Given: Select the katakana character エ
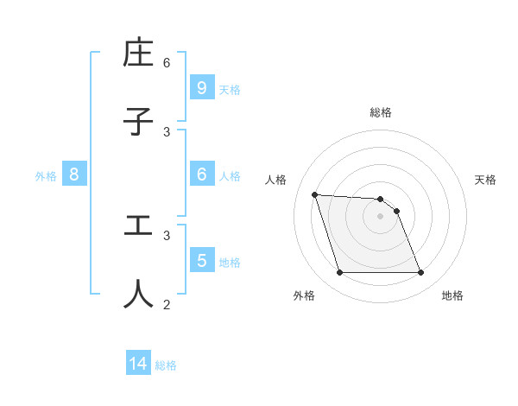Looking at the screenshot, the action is pos(138,225).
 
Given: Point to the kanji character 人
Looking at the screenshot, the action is pos(138,293).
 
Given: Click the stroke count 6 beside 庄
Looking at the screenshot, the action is pos(167,62).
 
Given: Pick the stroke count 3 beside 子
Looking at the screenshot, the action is pos(167,131).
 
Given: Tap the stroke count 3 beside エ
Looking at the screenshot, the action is pos(167,234).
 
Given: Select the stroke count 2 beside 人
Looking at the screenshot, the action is pos(167,303).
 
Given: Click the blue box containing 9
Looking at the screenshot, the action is pos(201,87).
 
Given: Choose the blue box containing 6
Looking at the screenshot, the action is pos(201,174).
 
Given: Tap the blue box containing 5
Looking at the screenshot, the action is pos(201,260).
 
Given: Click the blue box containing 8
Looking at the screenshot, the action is pos(74,174).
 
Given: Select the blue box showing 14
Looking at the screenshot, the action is pos(138,365).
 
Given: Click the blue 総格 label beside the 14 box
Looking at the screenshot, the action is pos(166,365).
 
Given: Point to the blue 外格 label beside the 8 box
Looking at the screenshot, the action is pos(46,176).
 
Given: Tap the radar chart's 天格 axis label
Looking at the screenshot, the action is pos(485,180).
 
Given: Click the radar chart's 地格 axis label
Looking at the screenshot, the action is pos(452,295).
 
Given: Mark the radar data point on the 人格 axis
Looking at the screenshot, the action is pos(314,194).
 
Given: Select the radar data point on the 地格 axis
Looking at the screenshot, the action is pos(420,273).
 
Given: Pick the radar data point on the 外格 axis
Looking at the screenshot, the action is pos(339,273).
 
